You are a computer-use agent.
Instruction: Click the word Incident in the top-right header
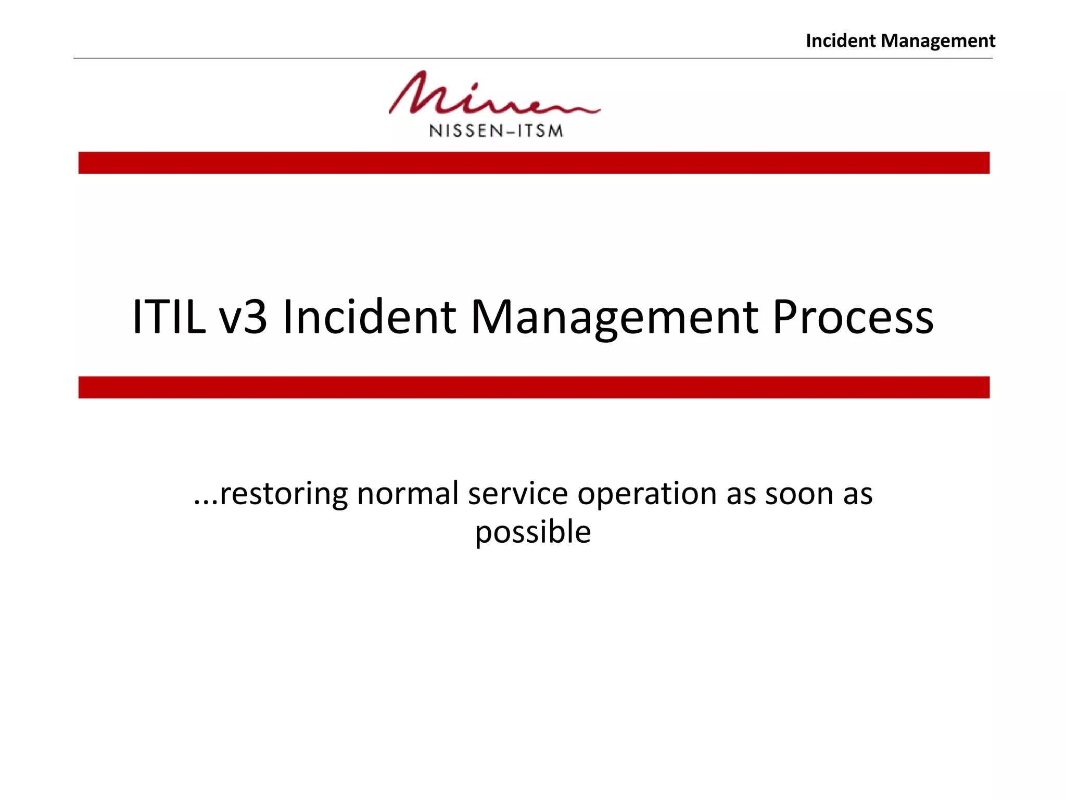[841, 41]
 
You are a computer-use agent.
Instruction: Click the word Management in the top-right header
[938, 41]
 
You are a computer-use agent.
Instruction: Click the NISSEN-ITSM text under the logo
[496, 131]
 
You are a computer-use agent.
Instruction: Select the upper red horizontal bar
[534, 163]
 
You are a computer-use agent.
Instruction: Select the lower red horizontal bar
[534, 387]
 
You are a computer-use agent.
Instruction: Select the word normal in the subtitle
[408, 494]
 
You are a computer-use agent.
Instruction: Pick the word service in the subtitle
[517, 494]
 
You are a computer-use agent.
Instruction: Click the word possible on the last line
[532, 532]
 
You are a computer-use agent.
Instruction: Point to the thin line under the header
[532, 58]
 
